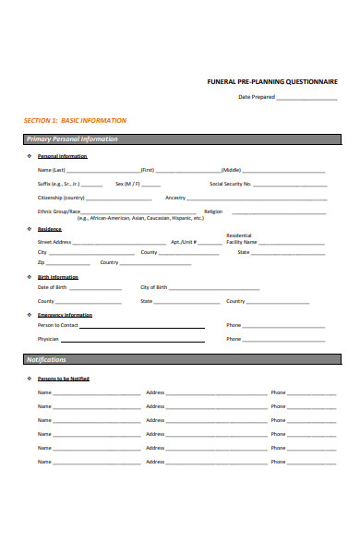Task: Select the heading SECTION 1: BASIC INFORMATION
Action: click(75, 121)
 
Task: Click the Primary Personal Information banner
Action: click(73, 139)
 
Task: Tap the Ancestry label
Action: click(175, 198)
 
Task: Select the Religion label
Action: click(213, 211)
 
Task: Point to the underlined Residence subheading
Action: click(50, 229)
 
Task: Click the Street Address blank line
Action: click(118, 244)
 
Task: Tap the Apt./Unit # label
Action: click(184, 242)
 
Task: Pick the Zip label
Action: click(41, 262)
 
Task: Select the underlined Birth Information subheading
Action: click(58, 277)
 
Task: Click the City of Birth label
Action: click(153, 287)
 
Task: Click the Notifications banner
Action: click(46, 359)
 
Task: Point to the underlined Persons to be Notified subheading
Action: click(64, 379)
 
